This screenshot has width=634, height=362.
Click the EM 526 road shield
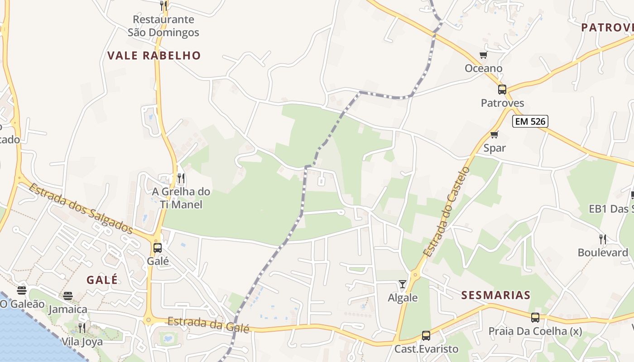point(530,121)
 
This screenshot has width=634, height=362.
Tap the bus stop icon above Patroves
point(502,90)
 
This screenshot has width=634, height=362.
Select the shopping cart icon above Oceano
point(483,55)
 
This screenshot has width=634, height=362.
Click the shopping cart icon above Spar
point(494,134)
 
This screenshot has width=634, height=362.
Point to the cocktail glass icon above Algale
point(402,284)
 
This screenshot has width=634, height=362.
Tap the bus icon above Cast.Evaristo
point(426,336)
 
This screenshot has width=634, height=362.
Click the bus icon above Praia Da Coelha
point(535,318)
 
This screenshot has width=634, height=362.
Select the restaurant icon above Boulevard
point(602,239)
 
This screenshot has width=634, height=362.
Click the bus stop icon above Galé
point(158,248)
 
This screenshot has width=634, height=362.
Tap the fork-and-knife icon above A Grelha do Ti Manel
point(181,178)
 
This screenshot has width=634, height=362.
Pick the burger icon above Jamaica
point(68,296)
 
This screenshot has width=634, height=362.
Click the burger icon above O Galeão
point(22,290)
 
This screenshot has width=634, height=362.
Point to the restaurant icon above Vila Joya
point(82,328)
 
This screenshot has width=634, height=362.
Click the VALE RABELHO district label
point(154,56)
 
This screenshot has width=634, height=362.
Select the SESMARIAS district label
point(495,295)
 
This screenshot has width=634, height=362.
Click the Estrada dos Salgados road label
point(81,208)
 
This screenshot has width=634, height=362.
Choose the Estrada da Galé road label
point(208,325)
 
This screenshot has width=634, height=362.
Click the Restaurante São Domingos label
point(163,26)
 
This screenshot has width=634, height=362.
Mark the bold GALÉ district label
point(102,280)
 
